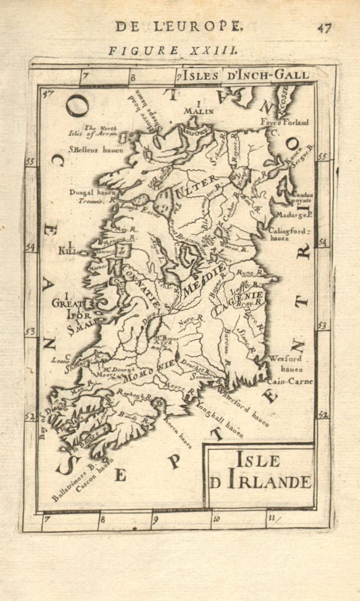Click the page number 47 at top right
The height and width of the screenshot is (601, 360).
(x=325, y=28)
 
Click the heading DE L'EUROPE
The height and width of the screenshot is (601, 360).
(x=178, y=26)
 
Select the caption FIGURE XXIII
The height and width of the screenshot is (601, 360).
(x=173, y=51)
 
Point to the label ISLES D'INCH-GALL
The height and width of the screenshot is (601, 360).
(x=245, y=75)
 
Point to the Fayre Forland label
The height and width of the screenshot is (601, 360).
(x=285, y=123)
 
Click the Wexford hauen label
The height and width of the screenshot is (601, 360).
(x=285, y=363)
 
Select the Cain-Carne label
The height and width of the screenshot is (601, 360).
(x=290, y=381)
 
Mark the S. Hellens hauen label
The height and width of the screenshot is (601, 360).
(x=96, y=150)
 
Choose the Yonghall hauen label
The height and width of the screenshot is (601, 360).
(x=219, y=418)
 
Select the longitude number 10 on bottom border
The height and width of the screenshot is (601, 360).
(x=216, y=518)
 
